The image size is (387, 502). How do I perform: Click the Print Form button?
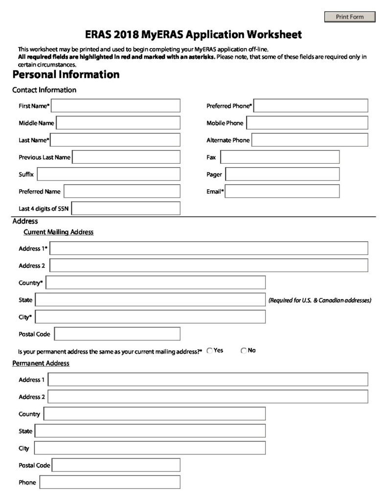pos(350,17)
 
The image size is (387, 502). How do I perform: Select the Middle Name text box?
pos(118,123)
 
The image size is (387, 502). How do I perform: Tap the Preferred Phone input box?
pos(311,106)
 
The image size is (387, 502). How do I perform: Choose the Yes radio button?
pos(210,351)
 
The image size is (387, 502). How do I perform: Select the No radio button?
pos(244,351)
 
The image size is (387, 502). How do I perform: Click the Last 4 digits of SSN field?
pos(126,208)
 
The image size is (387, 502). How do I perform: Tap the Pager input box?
pos(282,174)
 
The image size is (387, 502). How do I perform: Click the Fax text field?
pos(280,157)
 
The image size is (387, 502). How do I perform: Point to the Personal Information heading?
pos(66,75)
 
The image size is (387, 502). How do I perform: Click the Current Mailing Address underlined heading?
pos(58,232)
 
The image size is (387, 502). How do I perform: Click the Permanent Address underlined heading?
pos(41,363)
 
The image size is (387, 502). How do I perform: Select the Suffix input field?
pos(108,174)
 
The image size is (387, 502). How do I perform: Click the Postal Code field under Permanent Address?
pos(116,465)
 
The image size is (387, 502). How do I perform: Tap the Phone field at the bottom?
pos(110,482)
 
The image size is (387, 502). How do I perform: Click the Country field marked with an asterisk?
pos(156,283)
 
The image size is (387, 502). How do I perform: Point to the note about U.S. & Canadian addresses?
pos(319,300)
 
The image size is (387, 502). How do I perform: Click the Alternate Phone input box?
pos(310,140)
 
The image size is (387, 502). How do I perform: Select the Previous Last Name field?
pos(126,157)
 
